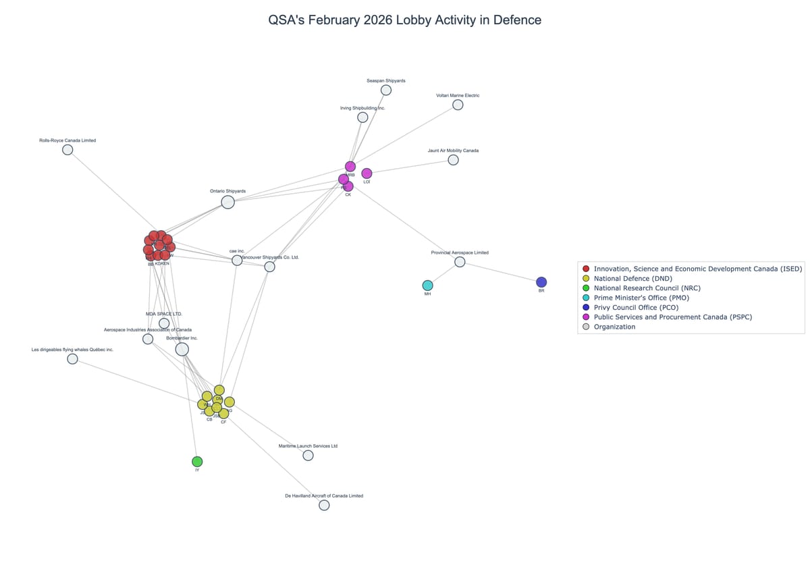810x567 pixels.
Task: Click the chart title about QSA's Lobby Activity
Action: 404,20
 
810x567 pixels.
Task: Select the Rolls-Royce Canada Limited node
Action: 67,150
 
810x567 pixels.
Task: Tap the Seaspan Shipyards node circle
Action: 386,90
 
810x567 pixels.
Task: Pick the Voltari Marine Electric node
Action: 458,105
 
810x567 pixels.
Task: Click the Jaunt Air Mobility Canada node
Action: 453,160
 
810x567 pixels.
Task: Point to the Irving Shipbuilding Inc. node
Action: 362,117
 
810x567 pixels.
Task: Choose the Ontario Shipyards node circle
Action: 228,202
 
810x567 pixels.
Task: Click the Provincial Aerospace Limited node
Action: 460,262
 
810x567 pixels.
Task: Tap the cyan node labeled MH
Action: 427,286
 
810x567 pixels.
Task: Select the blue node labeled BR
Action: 541,282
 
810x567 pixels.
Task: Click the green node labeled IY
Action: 197,462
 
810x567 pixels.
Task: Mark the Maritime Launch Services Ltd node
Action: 308,456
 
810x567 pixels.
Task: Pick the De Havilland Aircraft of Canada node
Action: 324,505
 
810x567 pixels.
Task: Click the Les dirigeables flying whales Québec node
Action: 72,359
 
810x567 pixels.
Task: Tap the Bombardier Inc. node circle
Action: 182,349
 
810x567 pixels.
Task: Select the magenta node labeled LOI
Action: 367,173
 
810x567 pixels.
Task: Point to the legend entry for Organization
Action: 614,327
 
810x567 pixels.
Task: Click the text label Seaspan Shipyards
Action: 386,80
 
